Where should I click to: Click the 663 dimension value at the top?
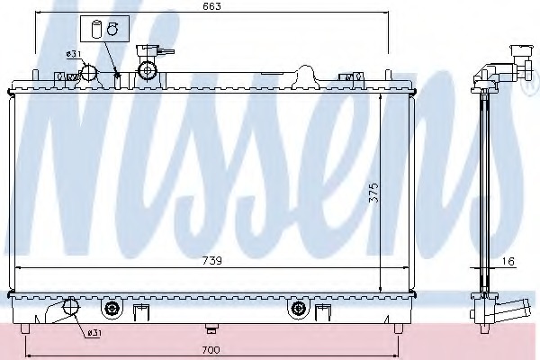tap(211, 6)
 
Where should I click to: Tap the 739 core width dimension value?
tap(211, 261)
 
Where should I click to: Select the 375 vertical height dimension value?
tap(373, 193)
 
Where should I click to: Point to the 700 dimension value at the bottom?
tap(211, 350)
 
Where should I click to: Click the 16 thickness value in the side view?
tap(508, 262)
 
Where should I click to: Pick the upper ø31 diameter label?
tap(74, 54)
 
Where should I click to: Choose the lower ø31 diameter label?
tap(94, 333)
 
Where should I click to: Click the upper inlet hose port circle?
tap(88, 72)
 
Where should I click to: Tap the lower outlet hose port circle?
tap(71, 306)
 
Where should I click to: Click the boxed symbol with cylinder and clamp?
tap(104, 29)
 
